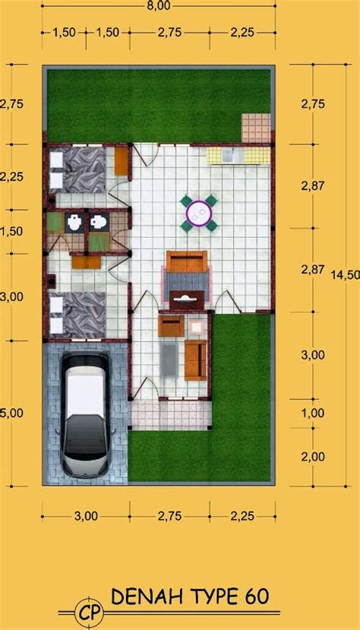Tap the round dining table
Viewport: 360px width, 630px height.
[199, 213]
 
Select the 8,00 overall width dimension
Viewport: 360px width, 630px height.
[159, 5]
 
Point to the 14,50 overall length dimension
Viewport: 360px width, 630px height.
[345, 276]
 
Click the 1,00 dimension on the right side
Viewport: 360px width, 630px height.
[313, 413]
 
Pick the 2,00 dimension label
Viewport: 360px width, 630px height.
[313, 457]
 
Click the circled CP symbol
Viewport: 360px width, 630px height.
[89, 613]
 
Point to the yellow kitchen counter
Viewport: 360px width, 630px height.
[238, 156]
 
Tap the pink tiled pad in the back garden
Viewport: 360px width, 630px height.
[256, 128]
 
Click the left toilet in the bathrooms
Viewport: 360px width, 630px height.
[74, 222]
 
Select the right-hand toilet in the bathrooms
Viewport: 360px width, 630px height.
[99, 222]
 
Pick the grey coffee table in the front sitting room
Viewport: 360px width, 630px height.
[169, 360]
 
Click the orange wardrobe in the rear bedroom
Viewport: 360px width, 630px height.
[122, 162]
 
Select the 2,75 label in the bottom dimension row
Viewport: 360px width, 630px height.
[170, 516]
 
